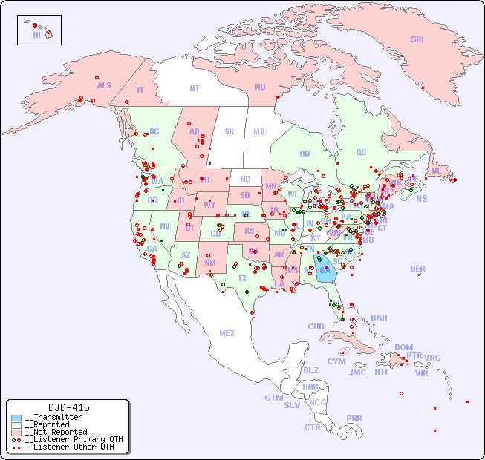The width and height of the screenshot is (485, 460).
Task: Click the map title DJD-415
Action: [68, 407]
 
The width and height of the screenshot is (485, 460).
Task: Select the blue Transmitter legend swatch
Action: [16, 418]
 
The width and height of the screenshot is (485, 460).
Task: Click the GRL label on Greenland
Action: [418, 40]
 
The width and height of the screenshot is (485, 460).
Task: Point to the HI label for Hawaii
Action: [36, 35]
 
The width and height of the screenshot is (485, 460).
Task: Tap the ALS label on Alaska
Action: [104, 86]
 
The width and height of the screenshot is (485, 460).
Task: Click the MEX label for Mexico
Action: [227, 333]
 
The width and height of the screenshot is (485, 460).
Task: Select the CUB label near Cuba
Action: [316, 326]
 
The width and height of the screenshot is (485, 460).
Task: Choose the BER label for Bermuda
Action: [418, 269]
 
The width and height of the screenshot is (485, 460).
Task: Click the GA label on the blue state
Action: [325, 270]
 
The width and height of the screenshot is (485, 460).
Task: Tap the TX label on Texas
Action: [242, 278]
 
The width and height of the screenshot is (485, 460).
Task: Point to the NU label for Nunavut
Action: [260, 87]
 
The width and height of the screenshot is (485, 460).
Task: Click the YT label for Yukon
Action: [140, 90]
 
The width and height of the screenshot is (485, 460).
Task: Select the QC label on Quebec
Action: [361, 152]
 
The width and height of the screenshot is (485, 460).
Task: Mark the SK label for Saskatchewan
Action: [230, 132]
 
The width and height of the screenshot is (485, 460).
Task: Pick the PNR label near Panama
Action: [354, 418]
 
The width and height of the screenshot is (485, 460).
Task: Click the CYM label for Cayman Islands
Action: [336, 361]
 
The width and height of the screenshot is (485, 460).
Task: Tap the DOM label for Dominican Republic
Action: [403, 347]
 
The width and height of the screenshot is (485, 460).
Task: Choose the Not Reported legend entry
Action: [56, 432]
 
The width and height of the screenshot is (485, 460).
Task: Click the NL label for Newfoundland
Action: [436, 171]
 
